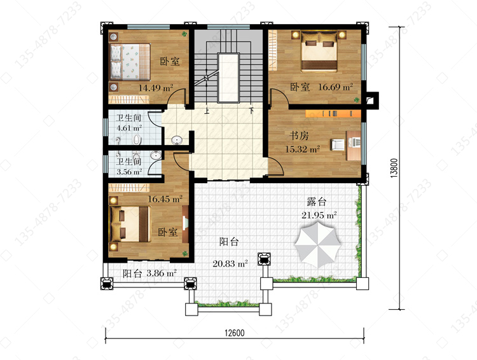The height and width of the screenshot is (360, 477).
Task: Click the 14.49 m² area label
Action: click(156, 88)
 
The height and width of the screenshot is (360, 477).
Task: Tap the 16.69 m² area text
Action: click(335, 87)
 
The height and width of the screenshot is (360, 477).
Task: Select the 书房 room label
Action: click(299, 135)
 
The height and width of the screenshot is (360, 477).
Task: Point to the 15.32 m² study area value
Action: click(302, 149)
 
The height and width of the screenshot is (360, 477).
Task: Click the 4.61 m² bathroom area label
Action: click(129, 128)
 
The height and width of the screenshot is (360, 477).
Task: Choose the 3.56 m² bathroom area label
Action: click(129, 172)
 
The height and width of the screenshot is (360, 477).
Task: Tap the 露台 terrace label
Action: click(316, 202)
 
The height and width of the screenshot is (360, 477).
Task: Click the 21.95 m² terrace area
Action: click(319, 215)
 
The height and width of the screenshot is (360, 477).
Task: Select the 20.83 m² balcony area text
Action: click(230, 263)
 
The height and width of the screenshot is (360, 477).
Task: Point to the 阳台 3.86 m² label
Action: click(149, 273)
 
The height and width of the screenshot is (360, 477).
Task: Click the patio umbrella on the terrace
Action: click(317, 244)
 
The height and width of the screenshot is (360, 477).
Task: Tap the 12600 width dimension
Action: click(235, 333)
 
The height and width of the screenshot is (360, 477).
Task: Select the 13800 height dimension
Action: click(394, 168)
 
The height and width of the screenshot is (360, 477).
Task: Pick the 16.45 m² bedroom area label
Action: click(165, 199)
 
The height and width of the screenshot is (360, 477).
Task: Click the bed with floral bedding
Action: click(130, 62)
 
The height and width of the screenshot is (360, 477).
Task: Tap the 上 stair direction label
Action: click(207, 111)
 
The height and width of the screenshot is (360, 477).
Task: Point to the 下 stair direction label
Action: click(251, 111)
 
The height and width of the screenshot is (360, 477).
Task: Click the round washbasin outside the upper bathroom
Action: click(177, 141)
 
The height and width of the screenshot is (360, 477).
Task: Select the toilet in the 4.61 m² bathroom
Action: click(137, 140)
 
